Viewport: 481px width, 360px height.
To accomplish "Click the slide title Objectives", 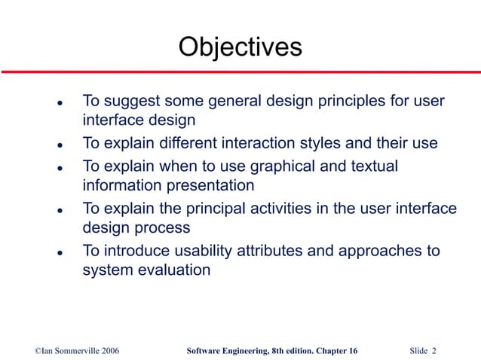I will [240, 47].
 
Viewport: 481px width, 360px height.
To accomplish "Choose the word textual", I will [370, 165].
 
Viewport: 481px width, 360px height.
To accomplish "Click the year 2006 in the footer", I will [106, 351].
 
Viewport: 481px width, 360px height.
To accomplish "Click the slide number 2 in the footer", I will [435, 351].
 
